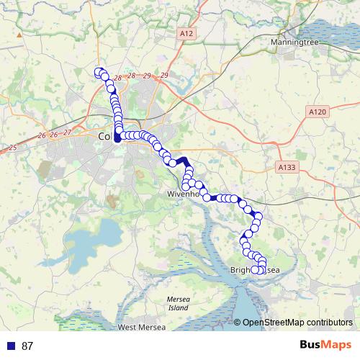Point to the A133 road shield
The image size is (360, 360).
(x=287, y=166)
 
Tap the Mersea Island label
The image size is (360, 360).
(x=177, y=303)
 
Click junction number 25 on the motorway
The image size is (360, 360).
(x=12, y=148)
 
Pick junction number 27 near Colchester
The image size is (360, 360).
(x=67, y=132)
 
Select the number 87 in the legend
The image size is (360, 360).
(x=27, y=346)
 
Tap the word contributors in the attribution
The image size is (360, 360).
(x=328, y=322)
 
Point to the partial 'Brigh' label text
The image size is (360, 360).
(x=240, y=271)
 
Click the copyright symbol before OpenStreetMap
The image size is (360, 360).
(x=238, y=322)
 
